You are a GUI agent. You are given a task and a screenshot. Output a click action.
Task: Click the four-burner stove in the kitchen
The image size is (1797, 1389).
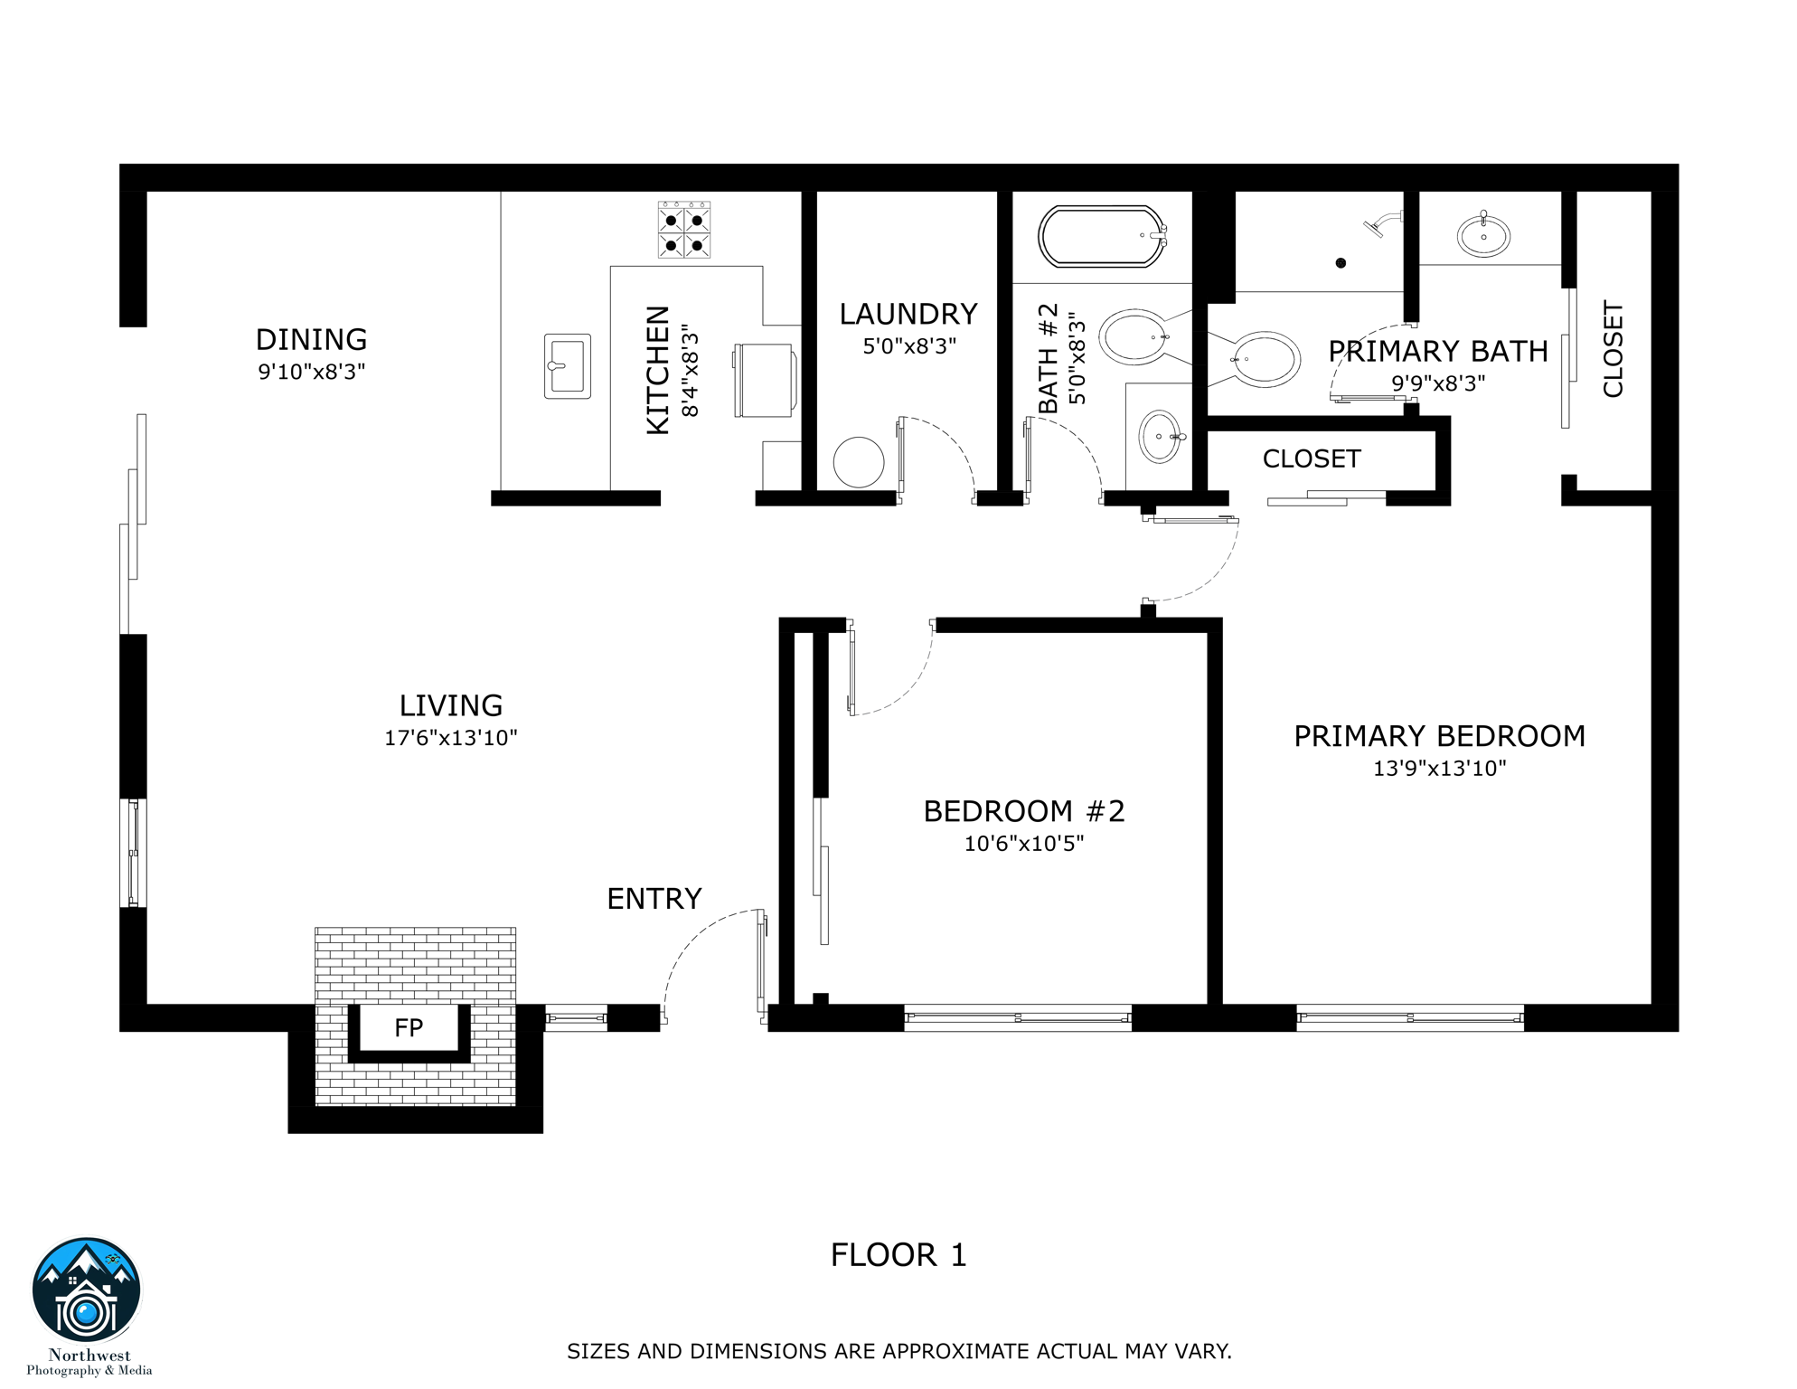point(684,231)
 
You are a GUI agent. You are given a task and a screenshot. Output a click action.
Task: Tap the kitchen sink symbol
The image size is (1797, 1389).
point(568,366)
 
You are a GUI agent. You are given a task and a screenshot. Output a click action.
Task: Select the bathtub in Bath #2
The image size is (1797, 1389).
point(1102,237)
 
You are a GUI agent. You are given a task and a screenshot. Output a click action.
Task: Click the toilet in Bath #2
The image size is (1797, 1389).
point(1135,336)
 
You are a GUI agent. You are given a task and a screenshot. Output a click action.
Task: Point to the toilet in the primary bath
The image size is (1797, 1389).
point(1260,359)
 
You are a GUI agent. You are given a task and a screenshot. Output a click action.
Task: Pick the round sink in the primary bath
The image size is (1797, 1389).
point(1483,237)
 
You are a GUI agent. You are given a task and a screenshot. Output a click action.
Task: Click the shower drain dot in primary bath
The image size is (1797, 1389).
point(1341,263)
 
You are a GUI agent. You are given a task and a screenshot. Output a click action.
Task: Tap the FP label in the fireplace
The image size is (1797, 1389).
point(409,1028)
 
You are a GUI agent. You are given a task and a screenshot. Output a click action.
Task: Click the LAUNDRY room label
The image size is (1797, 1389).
point(908,315)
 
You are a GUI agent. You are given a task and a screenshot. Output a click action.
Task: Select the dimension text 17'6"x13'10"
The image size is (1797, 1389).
point(451,738)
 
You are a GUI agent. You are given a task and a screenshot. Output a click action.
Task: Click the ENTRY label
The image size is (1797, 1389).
point(654,899)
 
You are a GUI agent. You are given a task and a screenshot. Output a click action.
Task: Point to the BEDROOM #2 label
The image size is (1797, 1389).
point(1024,811)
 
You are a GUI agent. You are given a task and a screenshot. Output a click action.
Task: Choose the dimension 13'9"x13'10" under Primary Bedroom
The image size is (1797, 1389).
point(1439,769)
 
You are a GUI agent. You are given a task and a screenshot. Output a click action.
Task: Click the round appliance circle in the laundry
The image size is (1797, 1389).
point(858,462)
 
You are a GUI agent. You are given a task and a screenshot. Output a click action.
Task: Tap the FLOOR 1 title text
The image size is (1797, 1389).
point(898,1255)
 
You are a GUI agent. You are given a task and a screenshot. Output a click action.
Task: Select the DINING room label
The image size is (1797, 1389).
point(312,340)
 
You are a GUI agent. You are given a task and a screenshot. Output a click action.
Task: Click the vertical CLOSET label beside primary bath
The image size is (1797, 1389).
point(1614,349)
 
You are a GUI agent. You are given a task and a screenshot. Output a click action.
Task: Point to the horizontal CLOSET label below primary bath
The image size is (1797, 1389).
point(1312,459)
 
